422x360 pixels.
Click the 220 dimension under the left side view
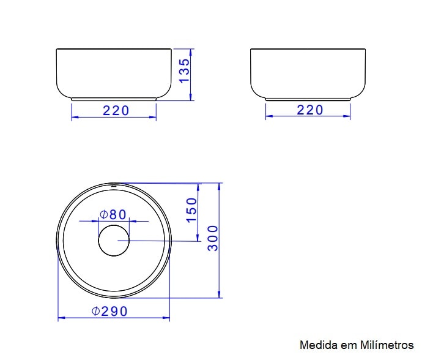click(x=116, y=111)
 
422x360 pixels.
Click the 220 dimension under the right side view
click(x=309, y=110)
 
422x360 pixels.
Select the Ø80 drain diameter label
click(x=113, y=214)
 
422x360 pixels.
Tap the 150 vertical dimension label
click(x=191, y=210)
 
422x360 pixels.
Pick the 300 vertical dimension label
click(x=213, y=238)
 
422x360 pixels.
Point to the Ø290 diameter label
click(x=110, y=312)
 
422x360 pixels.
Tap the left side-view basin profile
click(x=114, y=73)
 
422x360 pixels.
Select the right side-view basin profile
click(x=308, y=73)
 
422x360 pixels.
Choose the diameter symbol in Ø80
click(x=104, y=214)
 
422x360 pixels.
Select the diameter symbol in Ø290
click(x=96, y=312)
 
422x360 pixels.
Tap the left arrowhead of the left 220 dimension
click(x=74, y=118)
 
